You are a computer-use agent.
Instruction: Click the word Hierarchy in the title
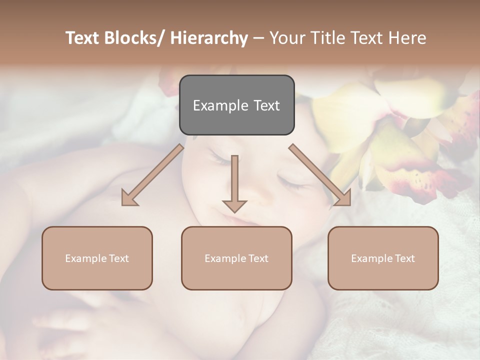coord(209,38)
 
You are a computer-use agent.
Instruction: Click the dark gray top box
coord(236,105)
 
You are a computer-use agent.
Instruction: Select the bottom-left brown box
coord(97,258)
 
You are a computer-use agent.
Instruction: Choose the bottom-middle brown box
coord(236,258)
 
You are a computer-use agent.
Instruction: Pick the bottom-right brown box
coord(383,258)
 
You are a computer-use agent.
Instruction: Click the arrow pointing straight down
coord(234,182)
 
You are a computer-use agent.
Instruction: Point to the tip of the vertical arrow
coord(234,211)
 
